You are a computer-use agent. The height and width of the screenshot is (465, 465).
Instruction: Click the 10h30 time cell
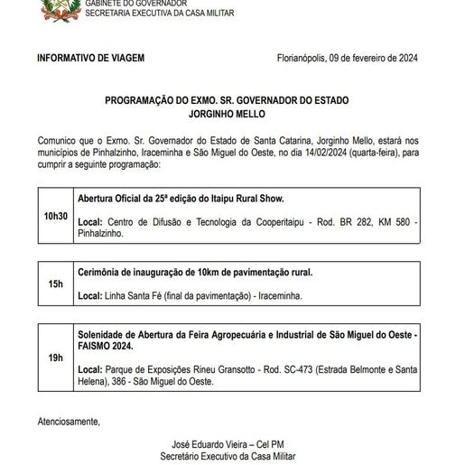coord(55,217)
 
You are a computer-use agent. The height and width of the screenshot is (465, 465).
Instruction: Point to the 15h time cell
coord(55,284)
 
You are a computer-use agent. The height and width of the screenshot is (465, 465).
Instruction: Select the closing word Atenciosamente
coord(69,422)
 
